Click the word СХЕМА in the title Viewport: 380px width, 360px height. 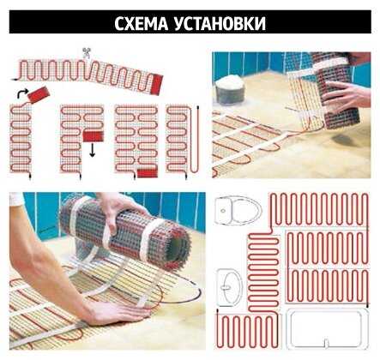coord(141,23)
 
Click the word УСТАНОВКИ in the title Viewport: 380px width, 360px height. coord(220,23)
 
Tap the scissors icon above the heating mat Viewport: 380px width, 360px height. coord(86,53)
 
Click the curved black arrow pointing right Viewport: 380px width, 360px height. coord(22,93)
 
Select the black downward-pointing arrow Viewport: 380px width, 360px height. coord(92,150)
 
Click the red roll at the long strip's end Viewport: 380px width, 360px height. coord(157,84)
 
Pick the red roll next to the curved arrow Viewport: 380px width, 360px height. coord(39,94)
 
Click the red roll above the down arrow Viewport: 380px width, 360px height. coord(93,136)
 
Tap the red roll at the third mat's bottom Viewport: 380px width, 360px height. coord(148,173)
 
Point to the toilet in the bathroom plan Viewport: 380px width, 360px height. coord(238,210)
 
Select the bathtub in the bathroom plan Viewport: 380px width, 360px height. coord(327,328)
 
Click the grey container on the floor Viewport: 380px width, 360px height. coord(230,89)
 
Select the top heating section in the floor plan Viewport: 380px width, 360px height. coord(319,211)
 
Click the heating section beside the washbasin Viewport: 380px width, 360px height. coord(263,272)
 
